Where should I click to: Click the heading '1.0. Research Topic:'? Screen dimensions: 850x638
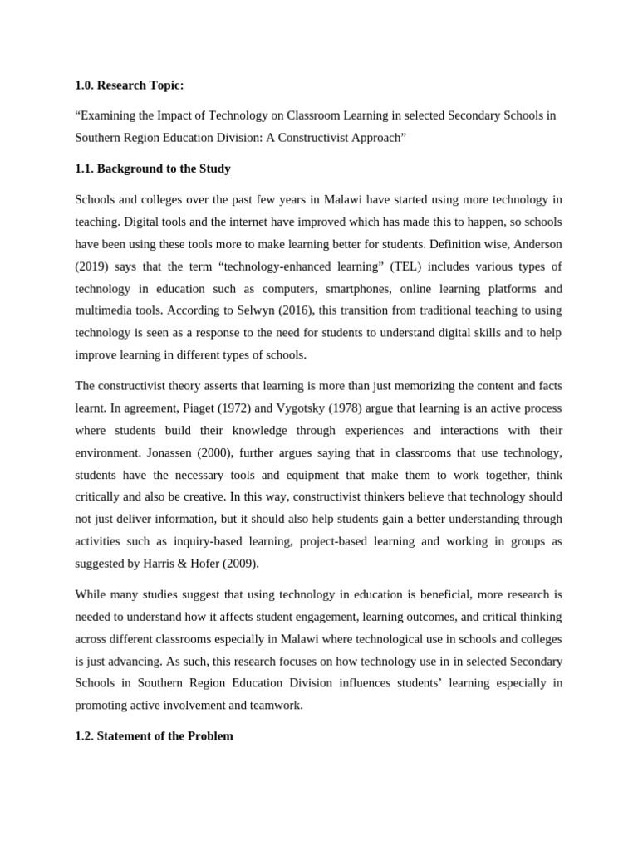click(129, 85)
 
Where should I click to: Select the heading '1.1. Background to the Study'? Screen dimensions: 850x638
click(153, 169)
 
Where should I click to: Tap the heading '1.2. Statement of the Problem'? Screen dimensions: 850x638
click(154, 735)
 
